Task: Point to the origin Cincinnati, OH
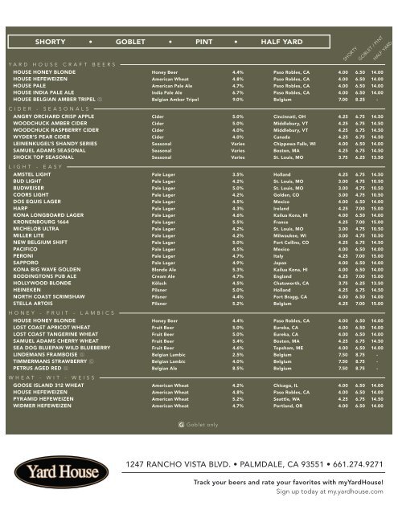click(x=281, y=116)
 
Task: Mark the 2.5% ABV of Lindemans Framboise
click(x=238, y=353)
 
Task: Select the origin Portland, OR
click(x=280, y=406)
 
